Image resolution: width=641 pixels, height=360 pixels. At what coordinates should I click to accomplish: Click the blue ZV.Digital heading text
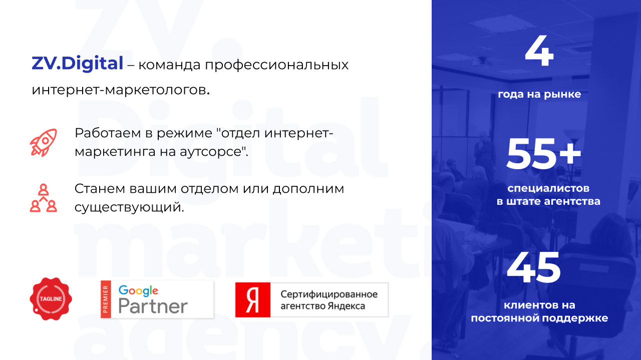(77, 64)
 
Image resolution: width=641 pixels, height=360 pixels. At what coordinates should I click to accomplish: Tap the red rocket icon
(43, 142)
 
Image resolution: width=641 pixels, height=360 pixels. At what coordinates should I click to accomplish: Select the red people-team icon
(43, 198)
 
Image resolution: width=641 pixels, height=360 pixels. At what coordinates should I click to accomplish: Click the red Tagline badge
(51, 298)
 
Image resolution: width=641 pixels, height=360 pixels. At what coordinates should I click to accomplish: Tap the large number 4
(539, 52)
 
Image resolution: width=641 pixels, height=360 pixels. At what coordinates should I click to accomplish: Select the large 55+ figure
(544, 153)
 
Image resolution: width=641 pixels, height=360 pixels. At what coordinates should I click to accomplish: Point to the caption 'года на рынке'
(539, 94)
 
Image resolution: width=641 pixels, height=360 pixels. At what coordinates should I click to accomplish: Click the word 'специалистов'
(548, 189)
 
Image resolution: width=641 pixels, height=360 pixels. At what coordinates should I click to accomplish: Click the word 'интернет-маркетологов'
(119, 91)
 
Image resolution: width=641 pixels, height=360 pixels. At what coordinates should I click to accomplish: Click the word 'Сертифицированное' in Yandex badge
(329, 294)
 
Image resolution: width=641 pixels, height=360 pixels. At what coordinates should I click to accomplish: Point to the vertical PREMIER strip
(105, 299)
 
